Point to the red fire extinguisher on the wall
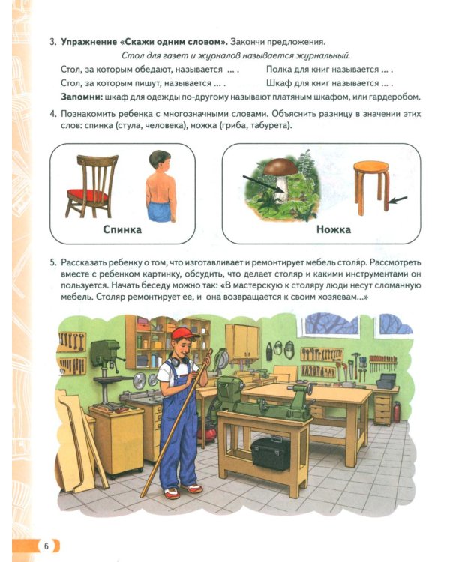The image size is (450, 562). [x=397, y=410]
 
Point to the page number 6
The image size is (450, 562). [x=46, y=545]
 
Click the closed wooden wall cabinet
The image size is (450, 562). [x=241, y=340]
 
